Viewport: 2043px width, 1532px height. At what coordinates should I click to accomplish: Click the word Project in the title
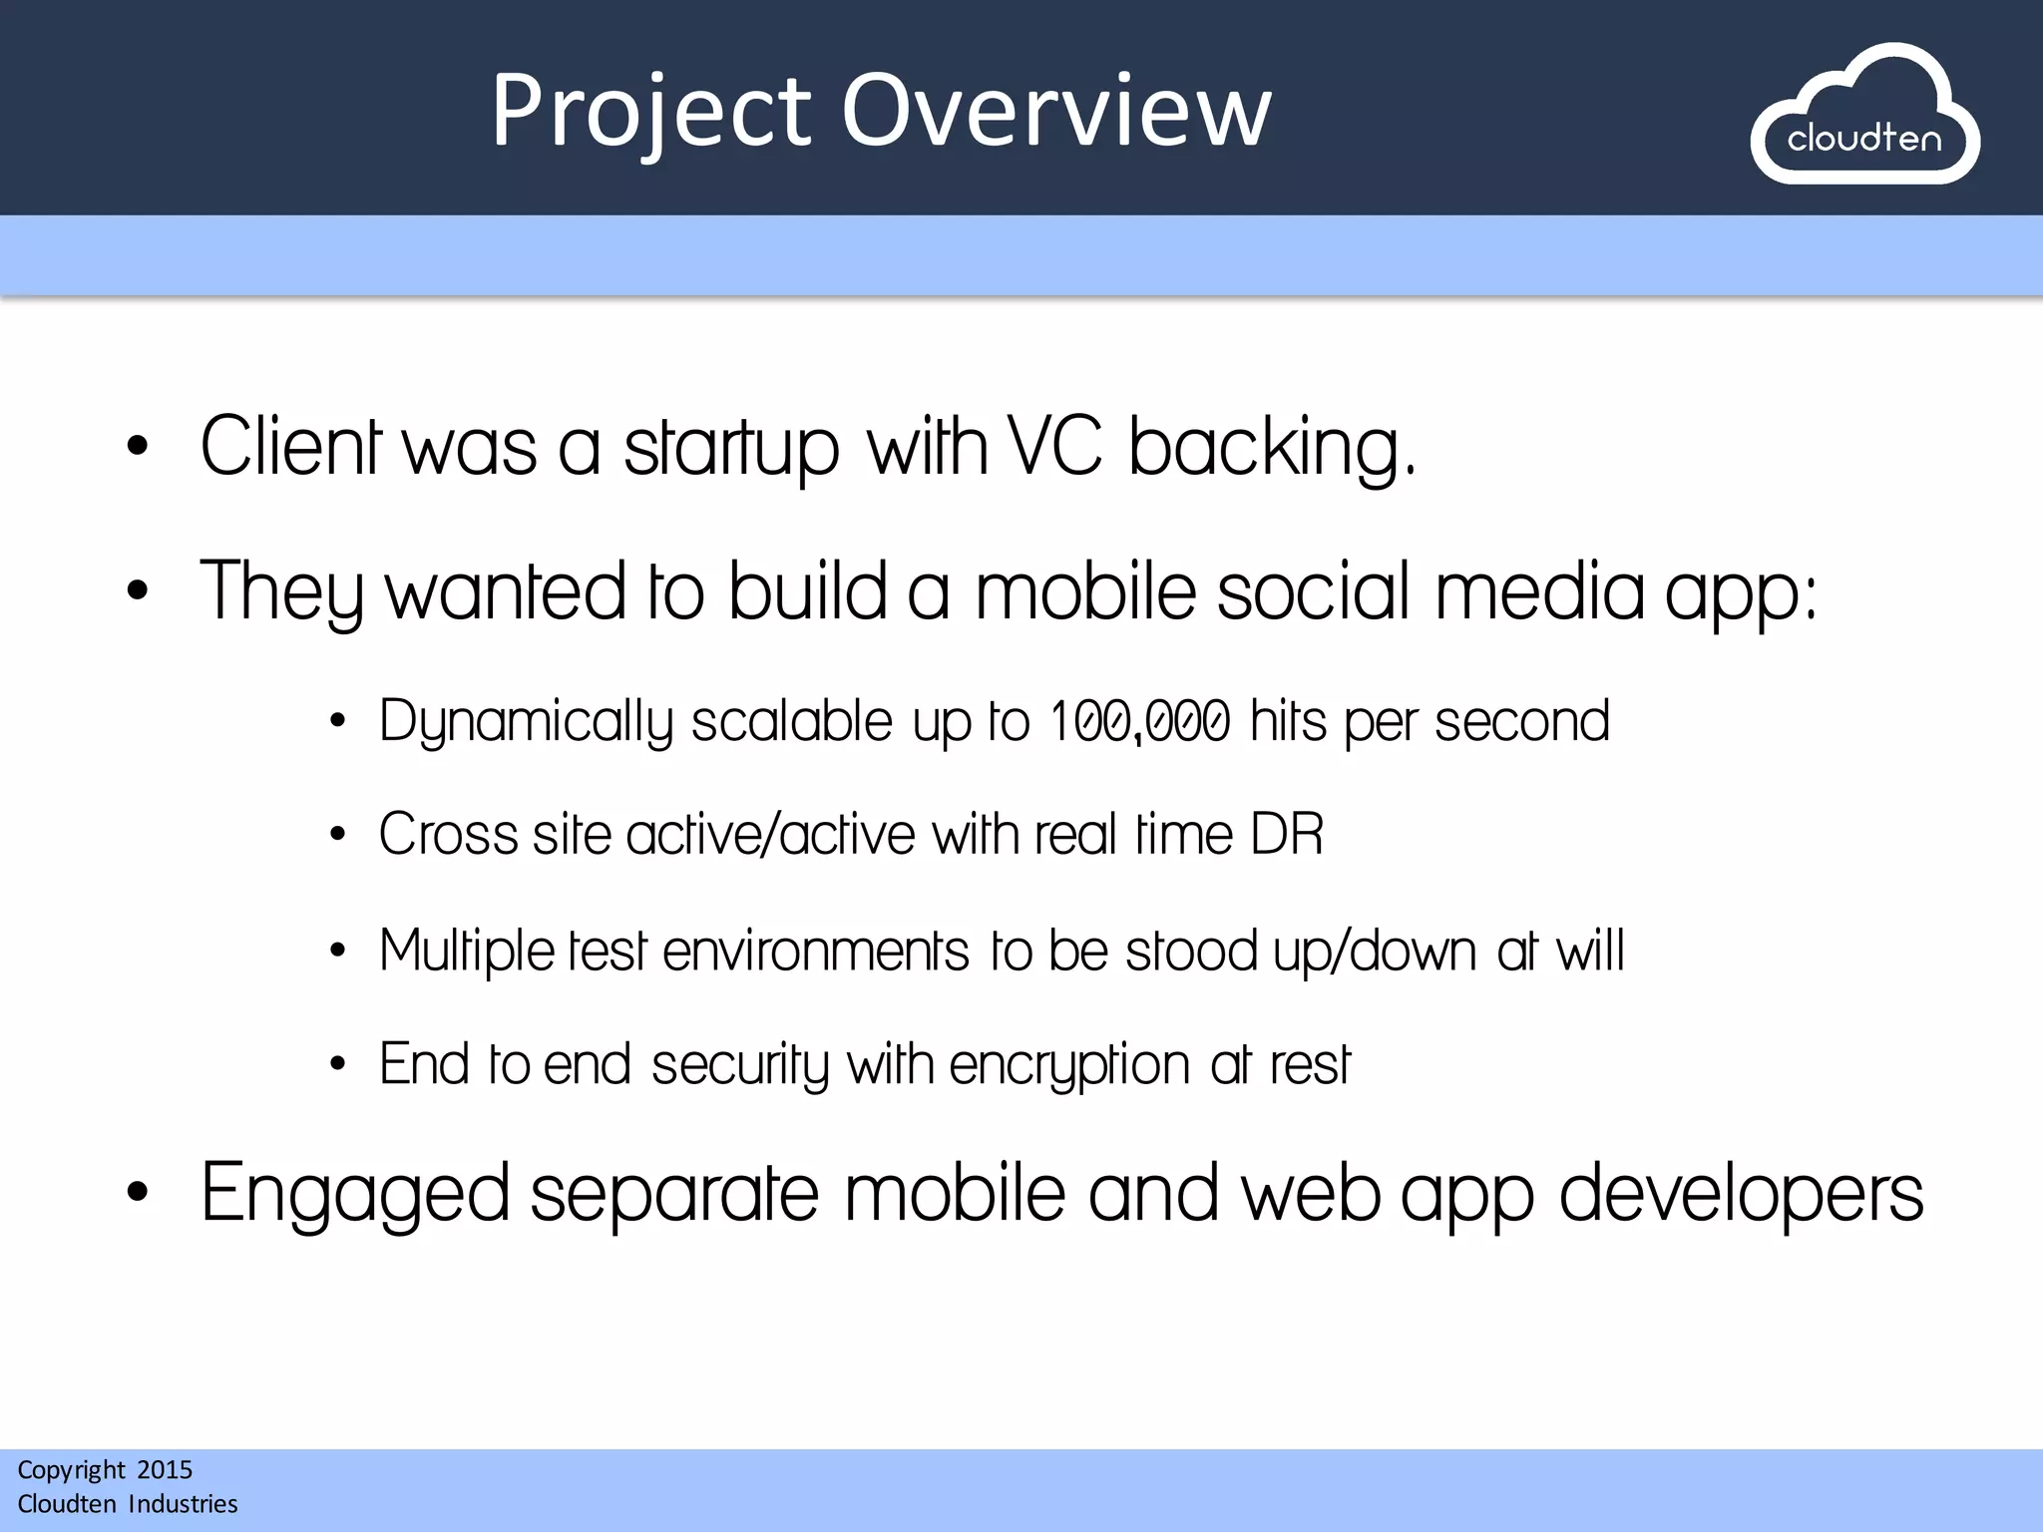(x=650, y=112)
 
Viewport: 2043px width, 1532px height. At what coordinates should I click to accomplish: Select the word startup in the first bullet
(x=731, y=448)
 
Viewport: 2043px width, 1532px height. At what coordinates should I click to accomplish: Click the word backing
(x=1271, y=448)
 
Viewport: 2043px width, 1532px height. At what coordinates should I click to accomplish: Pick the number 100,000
(x=1140, y=721)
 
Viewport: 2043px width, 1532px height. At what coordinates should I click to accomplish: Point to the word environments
(x=815, y=951)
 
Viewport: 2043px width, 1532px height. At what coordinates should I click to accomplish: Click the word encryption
(x=1069, y=1065)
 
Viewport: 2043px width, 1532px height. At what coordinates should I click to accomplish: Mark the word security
(x=739, y=1065)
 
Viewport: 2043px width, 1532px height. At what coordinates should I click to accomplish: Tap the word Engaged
(x=355, y=1194)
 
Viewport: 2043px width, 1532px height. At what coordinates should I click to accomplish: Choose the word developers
(x=1741, y=1194)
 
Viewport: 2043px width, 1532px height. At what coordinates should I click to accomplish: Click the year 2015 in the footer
(x=165, y=1469)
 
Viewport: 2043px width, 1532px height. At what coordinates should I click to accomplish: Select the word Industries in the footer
(x=184, y=1503)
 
